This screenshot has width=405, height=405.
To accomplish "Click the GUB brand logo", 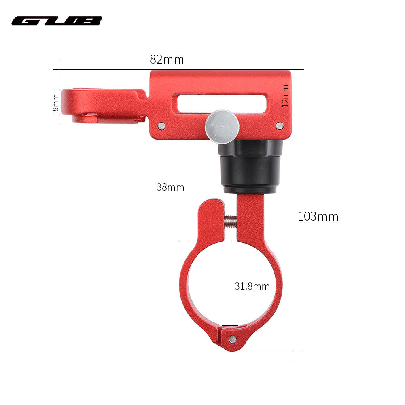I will [57, 21].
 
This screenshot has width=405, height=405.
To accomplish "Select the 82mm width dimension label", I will [167, 59].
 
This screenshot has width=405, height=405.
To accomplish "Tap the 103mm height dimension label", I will [318, 216].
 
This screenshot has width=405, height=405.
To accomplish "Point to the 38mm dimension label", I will [170, 187].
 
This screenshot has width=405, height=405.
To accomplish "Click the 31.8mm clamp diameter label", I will [252, 286].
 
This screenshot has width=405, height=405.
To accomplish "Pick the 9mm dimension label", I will [56, 102].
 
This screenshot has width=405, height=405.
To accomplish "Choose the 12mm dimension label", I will [286, 96].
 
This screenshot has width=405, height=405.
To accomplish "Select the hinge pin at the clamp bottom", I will [232, 339].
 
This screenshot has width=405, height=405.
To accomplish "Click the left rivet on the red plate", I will [161, 126].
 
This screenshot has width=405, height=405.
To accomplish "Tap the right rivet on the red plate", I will [279, 126].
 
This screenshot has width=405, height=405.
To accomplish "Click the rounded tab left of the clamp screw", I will [210, 218].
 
